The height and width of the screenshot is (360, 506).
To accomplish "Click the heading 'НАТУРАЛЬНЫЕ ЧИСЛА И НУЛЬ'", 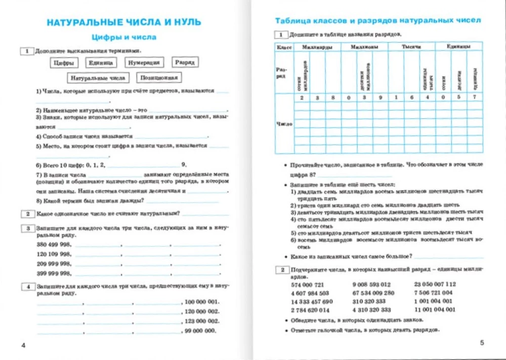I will (123, 22).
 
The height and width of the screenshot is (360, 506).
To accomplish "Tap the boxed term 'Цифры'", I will (64, 63).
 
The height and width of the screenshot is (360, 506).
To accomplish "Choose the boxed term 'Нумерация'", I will (144, 63).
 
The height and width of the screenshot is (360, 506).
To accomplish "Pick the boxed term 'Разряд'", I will (185, 62).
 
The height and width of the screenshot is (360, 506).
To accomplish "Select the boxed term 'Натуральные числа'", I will (98, 78).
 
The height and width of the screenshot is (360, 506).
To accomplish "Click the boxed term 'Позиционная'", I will (159, 78).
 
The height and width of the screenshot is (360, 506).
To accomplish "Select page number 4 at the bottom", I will (23, 345).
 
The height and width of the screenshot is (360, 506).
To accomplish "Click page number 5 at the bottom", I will (482, 343).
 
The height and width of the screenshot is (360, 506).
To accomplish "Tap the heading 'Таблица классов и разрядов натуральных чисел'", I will (377, 21).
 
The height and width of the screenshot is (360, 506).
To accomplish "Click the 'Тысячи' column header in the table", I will (411, 47).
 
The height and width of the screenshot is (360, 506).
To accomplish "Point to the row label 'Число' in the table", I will (283, 123).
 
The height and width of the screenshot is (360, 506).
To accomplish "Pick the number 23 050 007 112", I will (435, 284).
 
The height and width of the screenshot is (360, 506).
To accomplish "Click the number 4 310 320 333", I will (371, 310).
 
